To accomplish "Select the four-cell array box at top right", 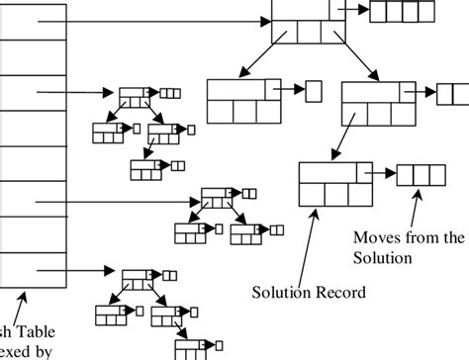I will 398,12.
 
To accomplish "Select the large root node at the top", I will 303,22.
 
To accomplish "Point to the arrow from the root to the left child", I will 259,59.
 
